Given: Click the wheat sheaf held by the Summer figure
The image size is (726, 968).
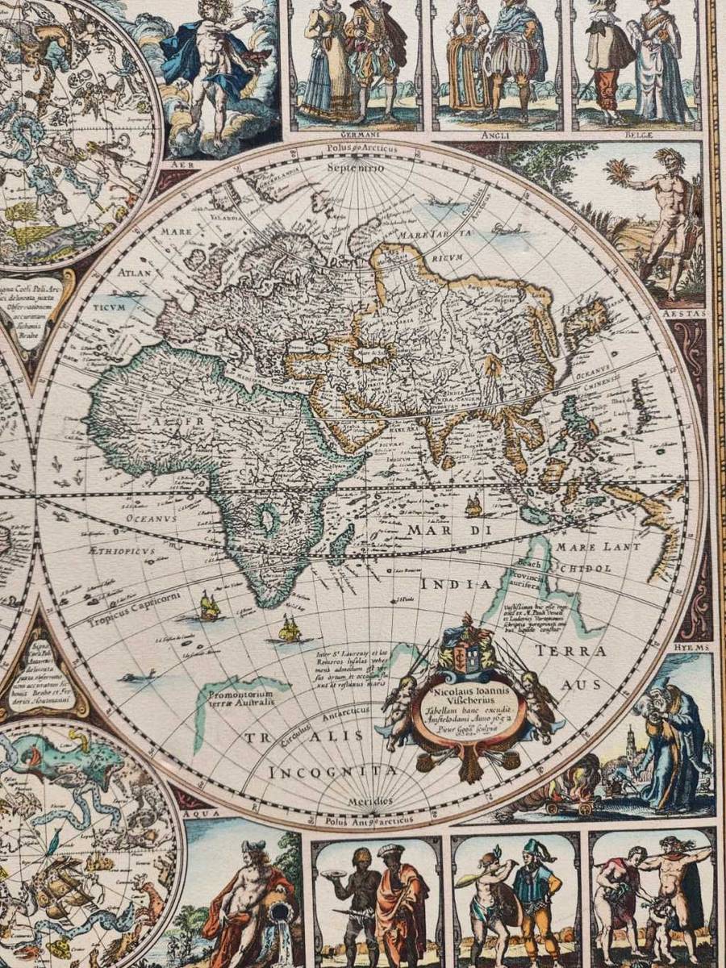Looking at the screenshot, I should tap(620, 173).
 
